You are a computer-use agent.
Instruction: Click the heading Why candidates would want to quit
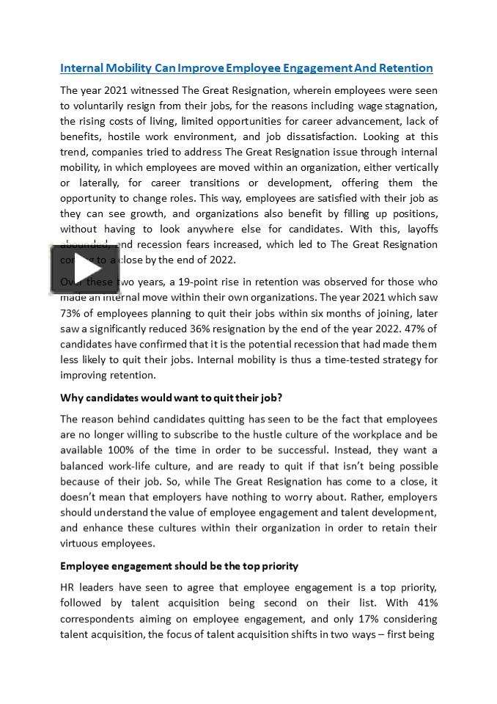tap(171, 397)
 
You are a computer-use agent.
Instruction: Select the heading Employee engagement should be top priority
tap(179, 566)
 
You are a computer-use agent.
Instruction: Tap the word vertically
tap(413, 167)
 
